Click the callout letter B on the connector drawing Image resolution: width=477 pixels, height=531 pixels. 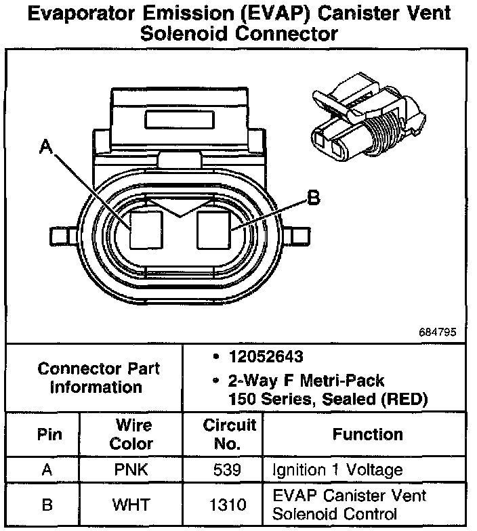click(x=313, y=198)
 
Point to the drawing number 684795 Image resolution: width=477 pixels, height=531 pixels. click(x=438, y=333)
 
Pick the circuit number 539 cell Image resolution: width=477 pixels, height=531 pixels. click(x=230, y=470)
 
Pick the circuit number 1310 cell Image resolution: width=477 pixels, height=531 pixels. click(x=230, y=505)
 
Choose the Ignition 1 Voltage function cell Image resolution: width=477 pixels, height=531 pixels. click(x=337, y=470)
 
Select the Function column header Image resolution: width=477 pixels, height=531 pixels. click(x=367, y=434)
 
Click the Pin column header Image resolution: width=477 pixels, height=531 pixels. click(x=47, y=434)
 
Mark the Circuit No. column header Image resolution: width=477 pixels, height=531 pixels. click(x=230, y=434)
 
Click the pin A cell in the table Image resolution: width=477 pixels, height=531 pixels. click(x=47, y=470)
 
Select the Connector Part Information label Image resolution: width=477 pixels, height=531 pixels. click(x=99, y=378)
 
